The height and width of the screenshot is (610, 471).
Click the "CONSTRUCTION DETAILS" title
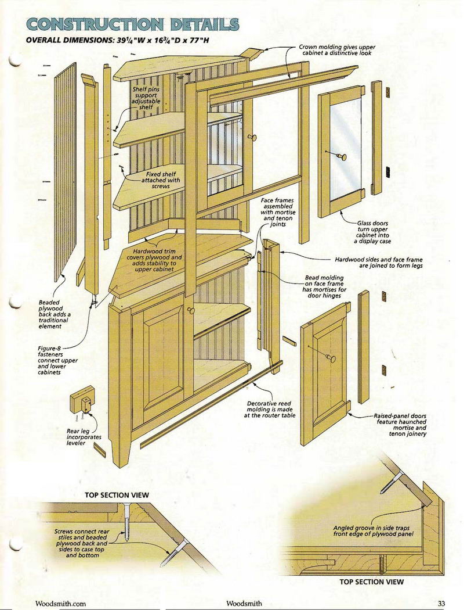point(132,24)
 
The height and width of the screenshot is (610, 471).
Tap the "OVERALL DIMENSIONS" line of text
point(118,40)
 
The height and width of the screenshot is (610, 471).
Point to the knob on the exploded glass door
point(341,157)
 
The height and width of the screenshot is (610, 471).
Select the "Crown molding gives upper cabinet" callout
point(337,50)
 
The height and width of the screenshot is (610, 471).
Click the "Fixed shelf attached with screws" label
point(160,180)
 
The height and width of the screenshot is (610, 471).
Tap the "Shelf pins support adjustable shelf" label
point(146,98)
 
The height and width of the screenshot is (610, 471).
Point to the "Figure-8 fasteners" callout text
point(57,360)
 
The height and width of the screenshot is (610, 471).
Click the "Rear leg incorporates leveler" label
point(84,437)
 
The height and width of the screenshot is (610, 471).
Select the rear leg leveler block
point(83,400)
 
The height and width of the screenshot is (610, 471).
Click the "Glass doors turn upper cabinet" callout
point(372,232)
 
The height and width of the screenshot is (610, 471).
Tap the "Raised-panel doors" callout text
point(400,425)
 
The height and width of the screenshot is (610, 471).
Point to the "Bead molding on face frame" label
point(324,287)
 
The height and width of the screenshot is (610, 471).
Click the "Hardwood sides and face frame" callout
point(379,263)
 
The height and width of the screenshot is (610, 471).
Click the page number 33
point(441,604)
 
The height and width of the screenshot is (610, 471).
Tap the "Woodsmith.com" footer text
point(60,604)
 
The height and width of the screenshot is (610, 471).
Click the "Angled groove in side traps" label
point(373,531)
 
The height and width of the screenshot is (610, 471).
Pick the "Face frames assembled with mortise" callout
point(278,212)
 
